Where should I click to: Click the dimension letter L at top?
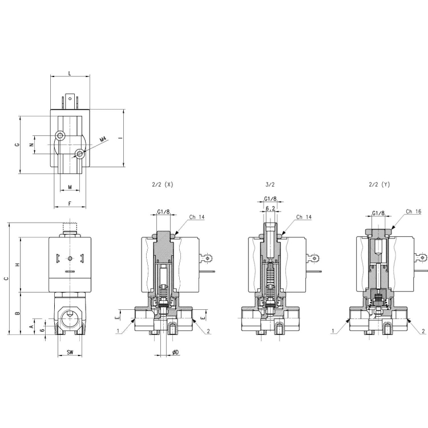pos(70,73)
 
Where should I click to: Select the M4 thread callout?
pos(103,139)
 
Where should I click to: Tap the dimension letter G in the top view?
pos(17,144)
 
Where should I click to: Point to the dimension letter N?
pos(31,145)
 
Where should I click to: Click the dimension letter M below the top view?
pos(70,187)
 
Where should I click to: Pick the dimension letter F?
pos(70,204)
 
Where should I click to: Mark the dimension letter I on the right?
pos(120,138)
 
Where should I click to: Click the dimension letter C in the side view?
pos(6,278)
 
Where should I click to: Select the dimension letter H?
pos(17,264)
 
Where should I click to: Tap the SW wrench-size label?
pos(70,352)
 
